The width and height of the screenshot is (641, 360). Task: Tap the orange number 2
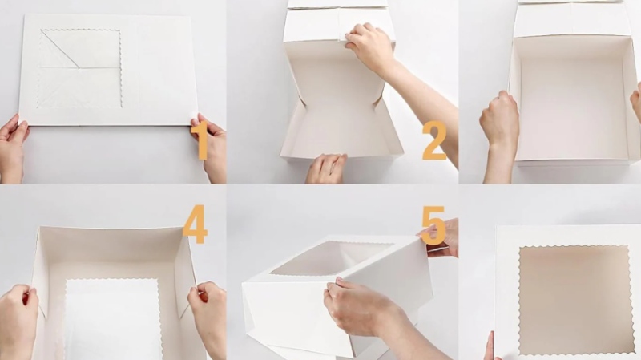click(x=434, y=140)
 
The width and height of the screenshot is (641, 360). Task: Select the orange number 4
click(x=195, y=224)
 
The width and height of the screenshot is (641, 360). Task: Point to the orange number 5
click(x=433, y=225)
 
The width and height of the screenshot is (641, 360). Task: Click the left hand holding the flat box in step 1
click(x=12, y=148)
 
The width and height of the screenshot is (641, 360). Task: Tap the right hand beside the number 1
click(x=211, y=148)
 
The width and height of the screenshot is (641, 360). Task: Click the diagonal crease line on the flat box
click(x=59, y=49)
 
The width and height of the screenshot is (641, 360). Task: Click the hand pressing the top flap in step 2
click(x=370, y=47)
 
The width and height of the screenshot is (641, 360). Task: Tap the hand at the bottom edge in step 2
click(x=326, y=168)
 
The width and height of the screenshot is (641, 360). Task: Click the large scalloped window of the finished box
click(x=575, y=300)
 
